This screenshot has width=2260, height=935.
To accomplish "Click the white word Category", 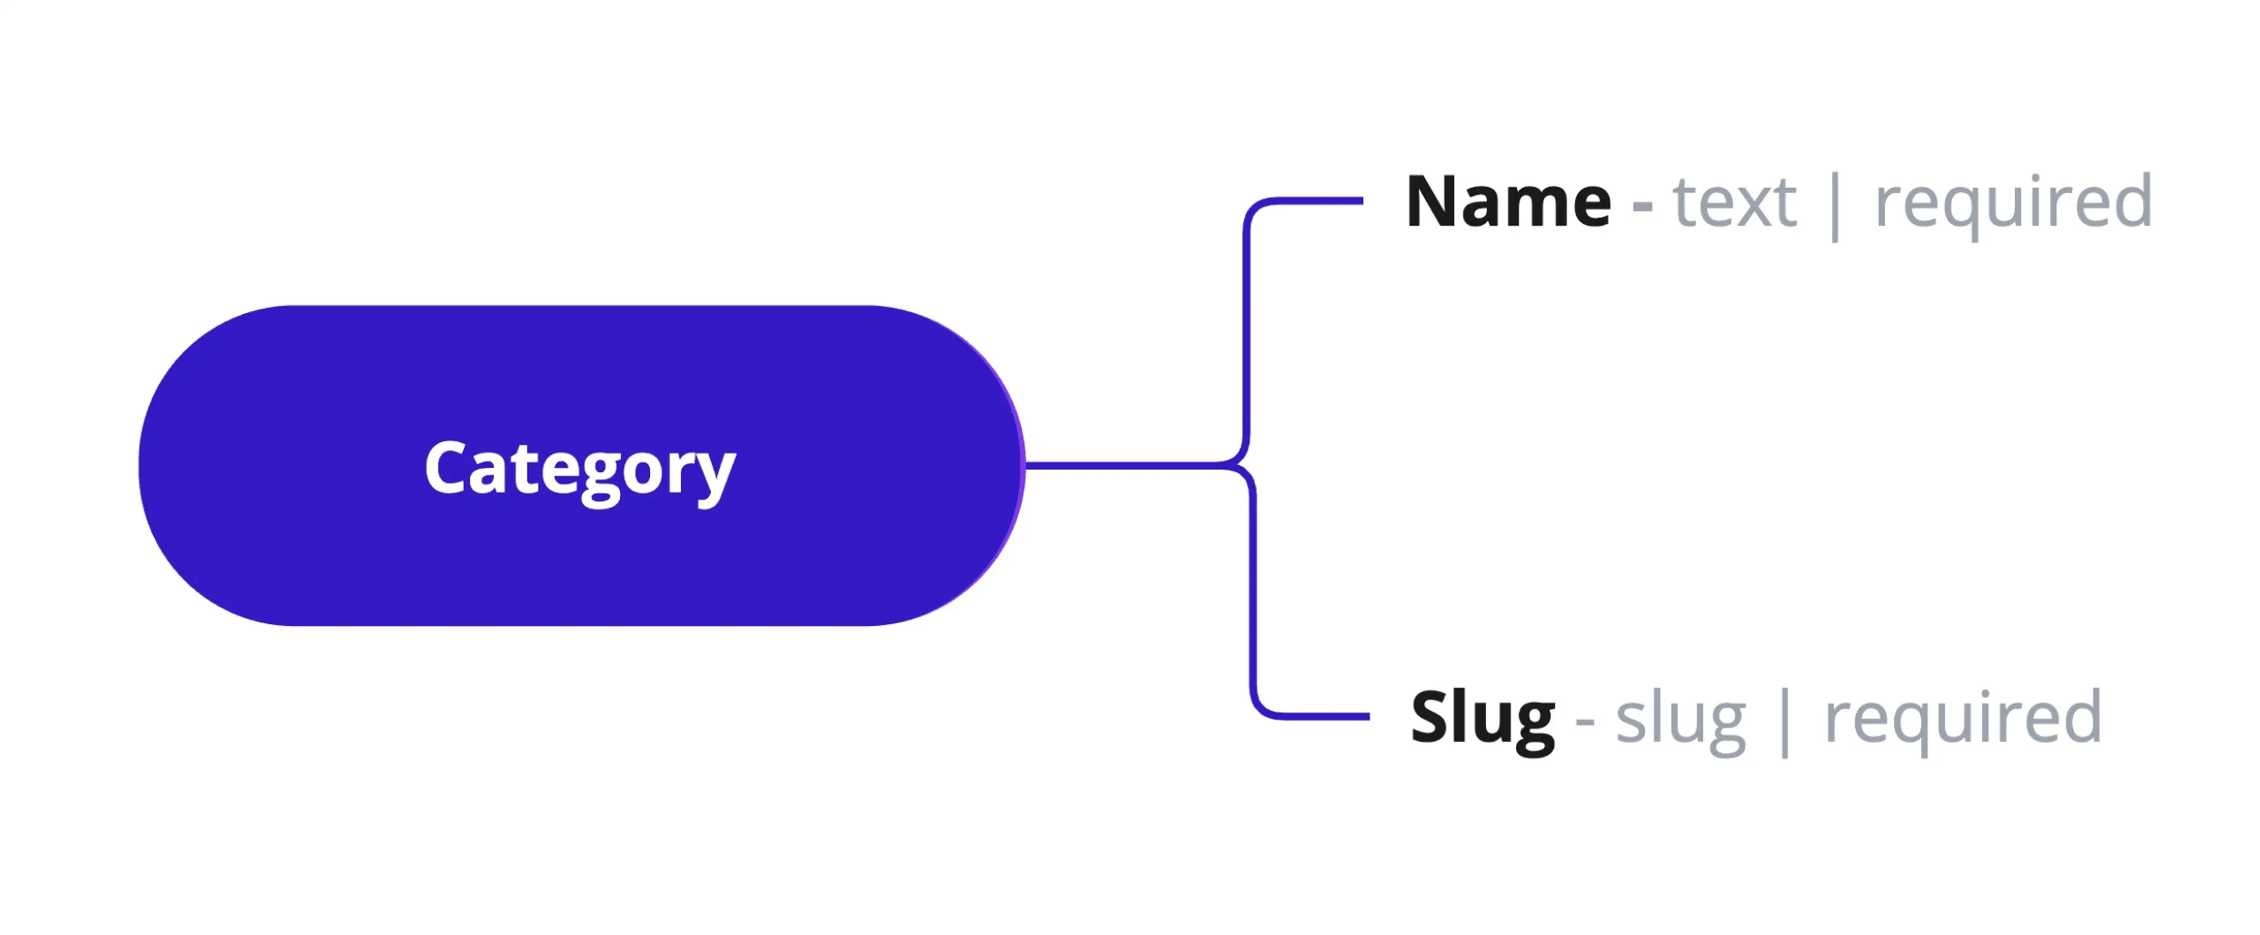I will coord(580,468).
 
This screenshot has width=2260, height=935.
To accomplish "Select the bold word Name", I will coord(1508,202).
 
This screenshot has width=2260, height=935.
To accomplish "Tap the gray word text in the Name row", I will coord(1734,202).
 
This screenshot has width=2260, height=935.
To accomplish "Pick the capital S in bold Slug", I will coord(1430,717).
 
